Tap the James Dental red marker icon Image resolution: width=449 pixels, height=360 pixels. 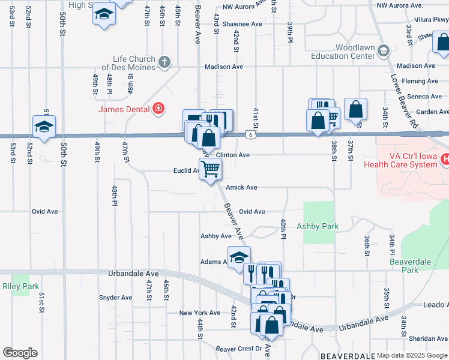(158, 109)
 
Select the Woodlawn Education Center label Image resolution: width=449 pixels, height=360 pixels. (347, 52)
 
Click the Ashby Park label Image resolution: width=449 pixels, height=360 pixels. (318, 226)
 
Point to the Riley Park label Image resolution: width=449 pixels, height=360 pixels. (20, 286)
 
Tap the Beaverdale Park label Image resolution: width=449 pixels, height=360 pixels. (412, 266)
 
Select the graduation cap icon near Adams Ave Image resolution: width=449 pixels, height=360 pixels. (239, 257)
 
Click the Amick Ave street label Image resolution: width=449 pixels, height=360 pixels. (241, 187)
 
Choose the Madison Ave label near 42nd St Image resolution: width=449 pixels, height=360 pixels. (223, 67)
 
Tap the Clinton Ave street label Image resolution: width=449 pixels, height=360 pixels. (232, 155)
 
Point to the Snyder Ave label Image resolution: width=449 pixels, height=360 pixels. (116, 298)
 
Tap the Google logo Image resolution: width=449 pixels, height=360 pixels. (20, 353)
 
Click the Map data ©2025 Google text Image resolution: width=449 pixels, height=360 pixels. (412, 355)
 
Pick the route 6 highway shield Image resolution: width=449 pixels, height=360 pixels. (256, 136)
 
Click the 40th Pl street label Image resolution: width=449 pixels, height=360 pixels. (282, 227)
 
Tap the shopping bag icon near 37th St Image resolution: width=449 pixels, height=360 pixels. (356, 109)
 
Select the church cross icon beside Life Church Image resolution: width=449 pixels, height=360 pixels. (164, 61)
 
